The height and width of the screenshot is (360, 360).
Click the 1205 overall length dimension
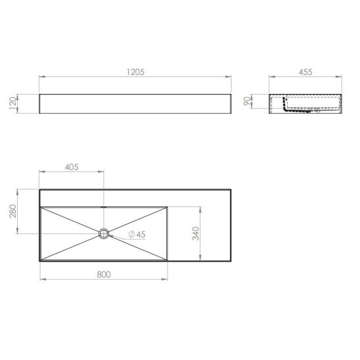point(135,72)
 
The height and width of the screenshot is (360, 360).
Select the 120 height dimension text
point(12,104)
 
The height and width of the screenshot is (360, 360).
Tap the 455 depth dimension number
point(305,72)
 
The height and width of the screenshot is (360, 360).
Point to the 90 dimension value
point(246,101)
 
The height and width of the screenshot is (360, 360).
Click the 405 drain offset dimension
point(72,167)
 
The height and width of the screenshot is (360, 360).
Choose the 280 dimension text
point(12,212)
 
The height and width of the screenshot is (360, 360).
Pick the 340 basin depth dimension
point(196,233)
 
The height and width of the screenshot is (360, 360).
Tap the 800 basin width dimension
point(104,275)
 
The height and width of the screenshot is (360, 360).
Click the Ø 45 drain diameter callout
point(137,235)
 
